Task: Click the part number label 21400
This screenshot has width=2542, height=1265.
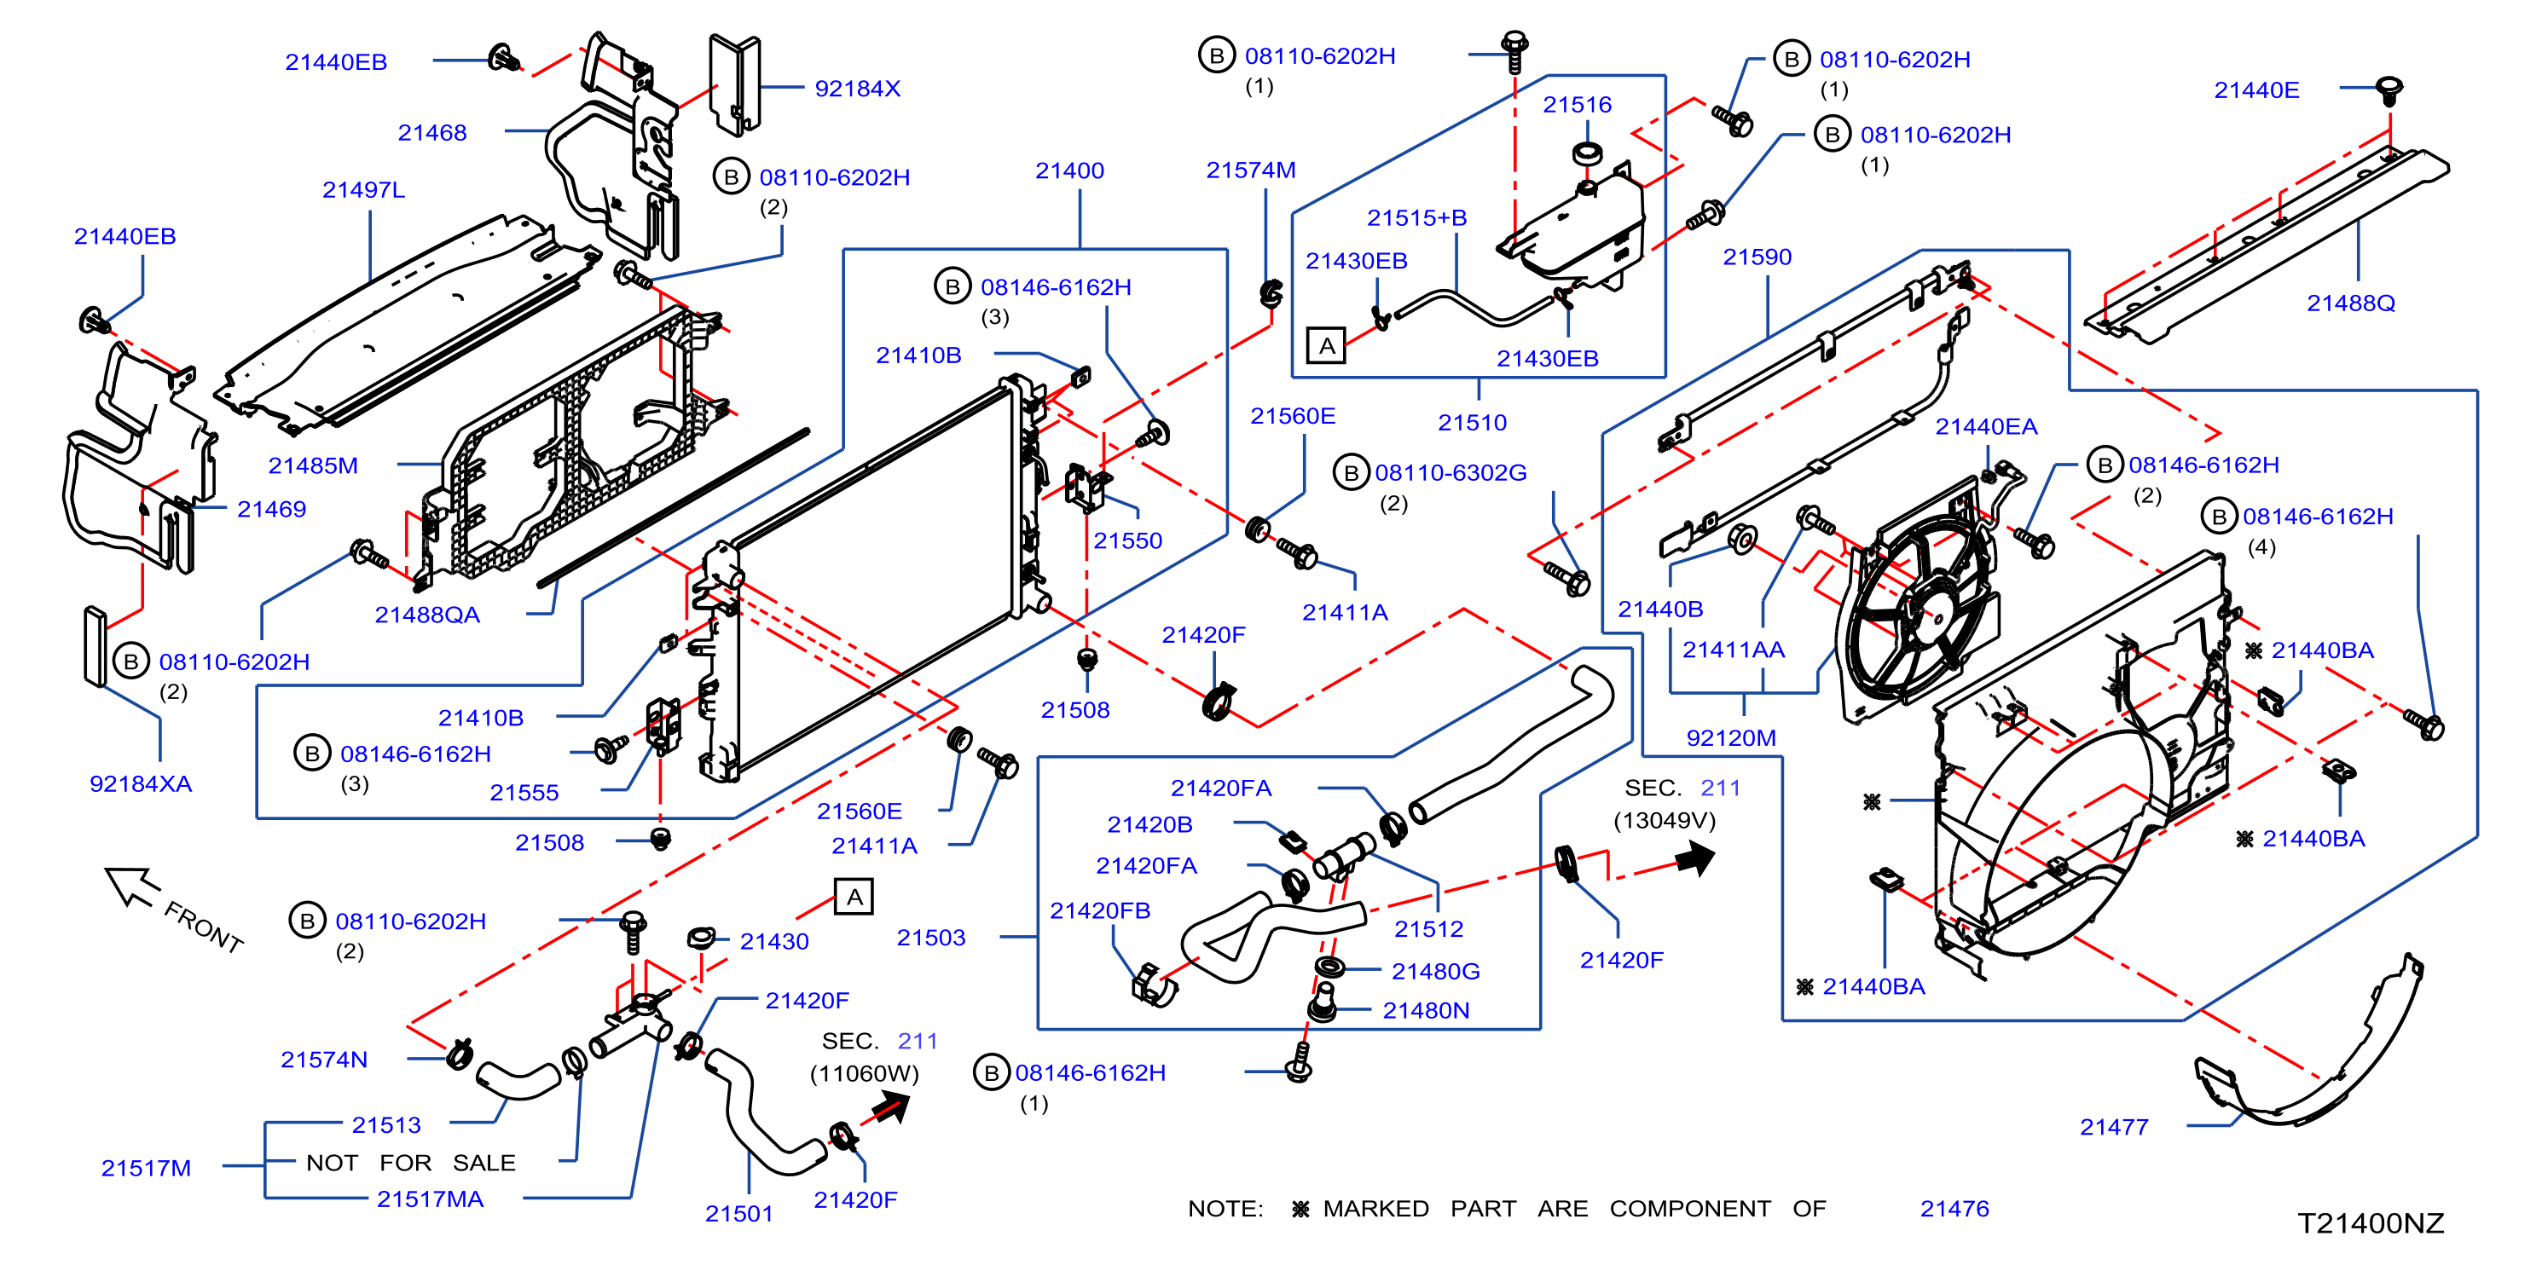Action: pos(1068,170)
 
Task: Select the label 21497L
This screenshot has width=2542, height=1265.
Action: pos(363,189)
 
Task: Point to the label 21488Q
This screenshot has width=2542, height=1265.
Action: pos(2349,303)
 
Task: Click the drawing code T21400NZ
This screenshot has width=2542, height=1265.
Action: pos(2371,1223)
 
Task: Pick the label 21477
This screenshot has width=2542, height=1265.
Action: pos(2114,1127)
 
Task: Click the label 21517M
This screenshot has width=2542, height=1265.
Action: pos(146,1169)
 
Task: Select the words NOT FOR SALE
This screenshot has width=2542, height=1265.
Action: pos(410,1164)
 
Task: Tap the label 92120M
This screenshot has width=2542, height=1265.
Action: pos(1731,738)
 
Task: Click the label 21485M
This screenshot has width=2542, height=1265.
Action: pos(313,465)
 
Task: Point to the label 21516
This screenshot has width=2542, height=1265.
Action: pos(1577,105)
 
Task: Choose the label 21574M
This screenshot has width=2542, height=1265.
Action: pos(1250,170)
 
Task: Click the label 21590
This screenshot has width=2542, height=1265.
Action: pos(1757,257)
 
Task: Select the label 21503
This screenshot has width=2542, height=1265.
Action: pos(930,938)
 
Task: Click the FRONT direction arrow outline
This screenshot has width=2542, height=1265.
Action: pos(133,885)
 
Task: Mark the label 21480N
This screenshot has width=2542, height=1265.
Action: pos(1426,1010)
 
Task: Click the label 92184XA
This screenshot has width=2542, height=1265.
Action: pos(141,783)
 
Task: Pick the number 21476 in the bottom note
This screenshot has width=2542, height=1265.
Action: pos(1954,1209)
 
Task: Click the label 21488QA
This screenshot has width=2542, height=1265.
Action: pos(427,615)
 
